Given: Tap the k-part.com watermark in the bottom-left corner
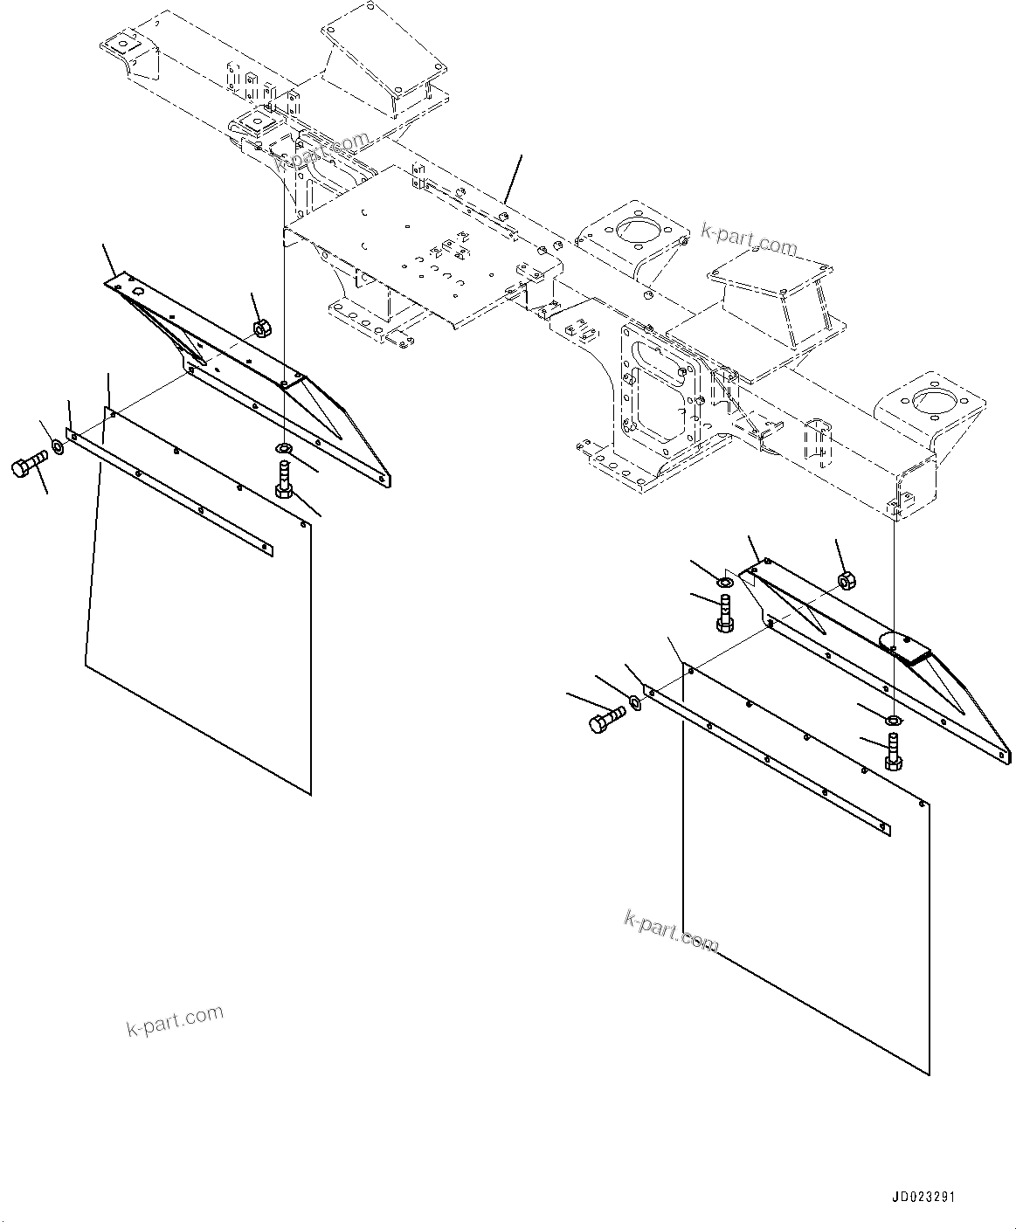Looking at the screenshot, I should (x=175, y=1020).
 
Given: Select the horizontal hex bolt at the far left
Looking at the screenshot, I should (x=28, y=466).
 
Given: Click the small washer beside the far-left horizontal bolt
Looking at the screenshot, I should (x=58, y=447).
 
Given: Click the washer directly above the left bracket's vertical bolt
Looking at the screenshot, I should (x=284, y=449).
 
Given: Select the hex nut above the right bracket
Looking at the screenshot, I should (x=845, y=580).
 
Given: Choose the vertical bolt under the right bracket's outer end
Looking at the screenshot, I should (x=893, y=751).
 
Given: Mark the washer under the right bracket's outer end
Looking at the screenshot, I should (x=893, y=721).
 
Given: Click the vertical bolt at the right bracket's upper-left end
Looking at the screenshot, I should (x=723, y=613).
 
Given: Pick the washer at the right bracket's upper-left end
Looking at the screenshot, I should (x=725, y=583).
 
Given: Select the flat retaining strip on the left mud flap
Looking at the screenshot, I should (x=170, y=493).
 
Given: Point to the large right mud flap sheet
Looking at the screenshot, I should (x=804, y=917).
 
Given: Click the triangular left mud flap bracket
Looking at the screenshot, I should (x=253, y=376).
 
